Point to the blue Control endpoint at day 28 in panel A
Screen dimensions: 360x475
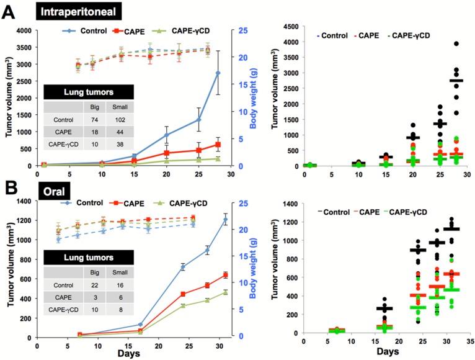pos(217,73)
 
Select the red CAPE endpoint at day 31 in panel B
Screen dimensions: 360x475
pos(225,275)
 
